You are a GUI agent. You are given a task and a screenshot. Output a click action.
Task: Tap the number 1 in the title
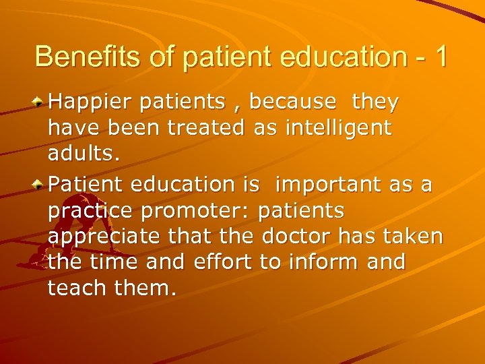(441, 57)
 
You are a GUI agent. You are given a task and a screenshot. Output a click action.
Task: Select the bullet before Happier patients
(40, 103)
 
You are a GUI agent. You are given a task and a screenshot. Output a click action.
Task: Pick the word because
(292, 102)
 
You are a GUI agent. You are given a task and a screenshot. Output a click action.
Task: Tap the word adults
(84, 154)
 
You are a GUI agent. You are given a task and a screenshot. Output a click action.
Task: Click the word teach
(77, 289)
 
